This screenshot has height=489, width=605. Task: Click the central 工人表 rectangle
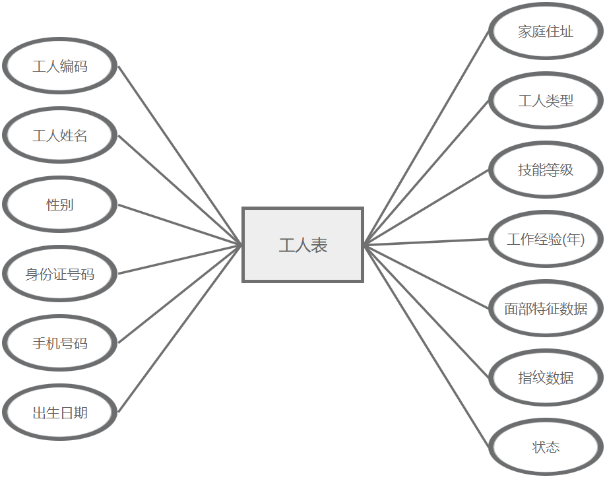point(303,245)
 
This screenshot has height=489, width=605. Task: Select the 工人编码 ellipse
point(60,66)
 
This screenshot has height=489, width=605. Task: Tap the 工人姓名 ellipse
point(60,135)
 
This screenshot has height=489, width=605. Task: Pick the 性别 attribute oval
point(60,205)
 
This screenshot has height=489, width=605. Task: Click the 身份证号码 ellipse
point(60,274)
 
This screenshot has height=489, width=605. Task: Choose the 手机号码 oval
point(60,343)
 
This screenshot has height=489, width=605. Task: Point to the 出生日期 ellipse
point(60,412)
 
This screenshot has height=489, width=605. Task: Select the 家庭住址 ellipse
point(546,31)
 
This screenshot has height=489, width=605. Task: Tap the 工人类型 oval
point(546,100)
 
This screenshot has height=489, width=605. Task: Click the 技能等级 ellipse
point(546,170)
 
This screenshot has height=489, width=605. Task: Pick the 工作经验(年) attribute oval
point(546,239)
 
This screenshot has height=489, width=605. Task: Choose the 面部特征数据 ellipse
point(546,308)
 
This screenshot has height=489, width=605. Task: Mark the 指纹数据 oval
point(546,377)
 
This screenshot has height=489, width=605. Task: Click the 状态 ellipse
point(546,447)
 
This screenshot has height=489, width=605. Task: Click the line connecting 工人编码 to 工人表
point(180,155)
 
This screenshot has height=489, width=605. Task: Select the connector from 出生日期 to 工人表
point(180,328)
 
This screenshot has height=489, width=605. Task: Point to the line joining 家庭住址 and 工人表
point(426,138)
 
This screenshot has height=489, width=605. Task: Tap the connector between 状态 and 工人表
point(426,346)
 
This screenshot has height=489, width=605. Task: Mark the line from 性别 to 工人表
point(180,224)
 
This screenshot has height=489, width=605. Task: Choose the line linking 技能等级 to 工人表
point(426,207)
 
